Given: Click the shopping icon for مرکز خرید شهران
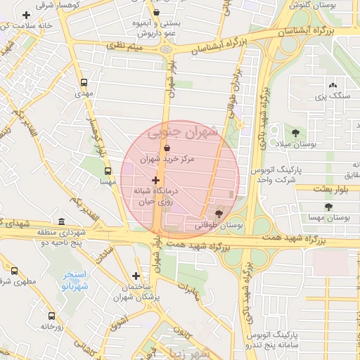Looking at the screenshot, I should [x=167, y=148].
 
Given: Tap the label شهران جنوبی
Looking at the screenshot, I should [x=183, y=131].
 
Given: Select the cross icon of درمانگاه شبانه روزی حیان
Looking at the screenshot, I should [x=155, y=181].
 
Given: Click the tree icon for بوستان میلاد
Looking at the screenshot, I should [x=294, y=132].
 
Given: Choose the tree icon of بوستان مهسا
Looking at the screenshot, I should [x=328, y=206].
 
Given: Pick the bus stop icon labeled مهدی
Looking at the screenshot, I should [x=84, y=82].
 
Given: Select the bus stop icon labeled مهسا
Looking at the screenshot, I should [x=108, y=171].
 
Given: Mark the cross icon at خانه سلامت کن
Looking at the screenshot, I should [x=26, y=15].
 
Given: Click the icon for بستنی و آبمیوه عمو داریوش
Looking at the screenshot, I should [x=156, y=12].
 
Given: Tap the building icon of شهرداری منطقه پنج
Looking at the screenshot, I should [x=61, y=222].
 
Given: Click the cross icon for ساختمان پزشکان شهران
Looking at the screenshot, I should [x=136, y=276].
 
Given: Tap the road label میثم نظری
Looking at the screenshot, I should [x=126, y=46].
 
